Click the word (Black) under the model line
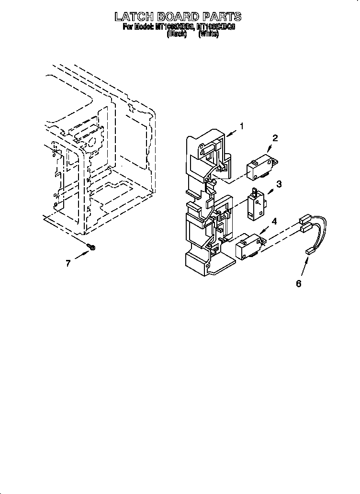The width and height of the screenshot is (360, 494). pos(176,34)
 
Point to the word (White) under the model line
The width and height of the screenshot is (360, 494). pos(208,34)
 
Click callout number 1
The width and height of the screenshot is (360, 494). pos(242,126)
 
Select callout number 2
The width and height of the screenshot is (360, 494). pos(275,138)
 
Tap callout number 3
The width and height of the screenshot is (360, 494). pos(279,183)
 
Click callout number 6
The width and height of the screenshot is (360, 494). pos(298,284)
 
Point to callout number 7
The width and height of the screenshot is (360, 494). pos(68,263)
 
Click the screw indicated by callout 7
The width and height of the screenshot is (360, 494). pos(92,247)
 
